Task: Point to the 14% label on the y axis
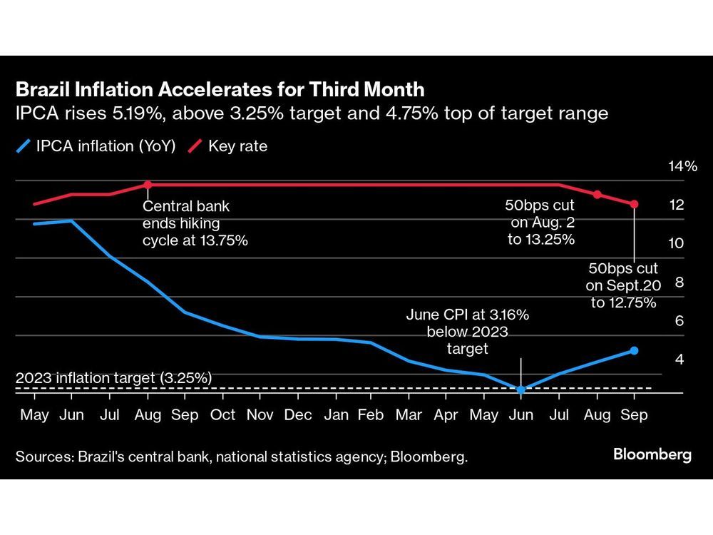tap(682, 167)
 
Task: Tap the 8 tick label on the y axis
tap(679, 282)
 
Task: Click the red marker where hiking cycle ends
tap(148, 185)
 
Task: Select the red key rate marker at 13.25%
tap(597, 195)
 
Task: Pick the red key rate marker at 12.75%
tap(635, 204)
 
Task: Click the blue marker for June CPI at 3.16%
tap(521, 389)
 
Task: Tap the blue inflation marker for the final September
tap(635, 350)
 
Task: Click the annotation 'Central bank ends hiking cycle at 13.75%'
tap(195, 223)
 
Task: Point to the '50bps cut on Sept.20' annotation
tap(623, 285)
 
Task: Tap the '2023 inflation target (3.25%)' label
tap(113, 378)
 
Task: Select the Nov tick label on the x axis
tap(260, 415)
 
